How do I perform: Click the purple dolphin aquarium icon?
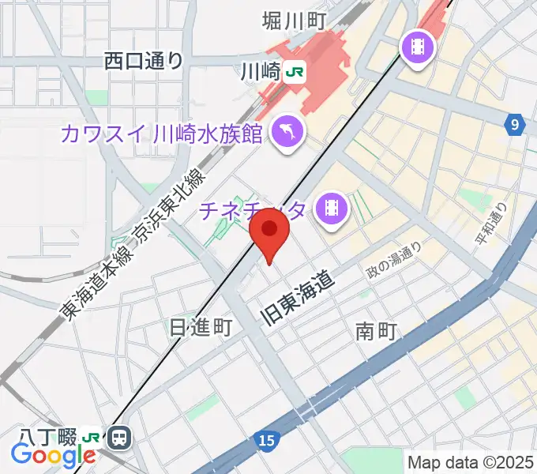287,130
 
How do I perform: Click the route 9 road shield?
516,124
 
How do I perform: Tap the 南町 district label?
375,331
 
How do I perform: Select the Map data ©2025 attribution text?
469,462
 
